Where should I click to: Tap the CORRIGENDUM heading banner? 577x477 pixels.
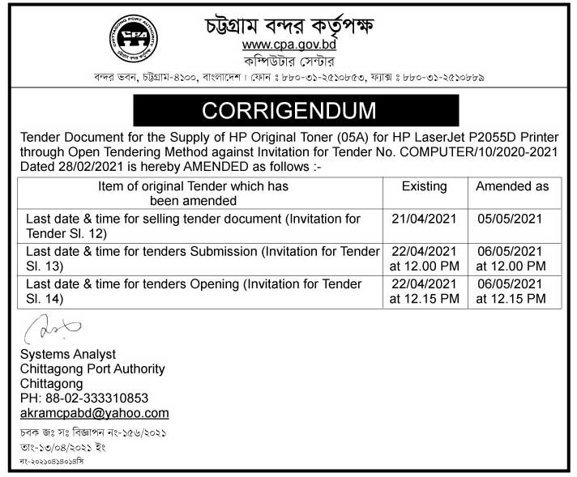point(288,109)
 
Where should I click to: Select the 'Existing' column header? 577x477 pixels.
point(424,186)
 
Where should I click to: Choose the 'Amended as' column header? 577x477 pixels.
point(512,186)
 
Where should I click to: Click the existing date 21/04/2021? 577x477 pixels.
point(424,219)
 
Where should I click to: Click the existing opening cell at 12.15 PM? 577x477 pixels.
point(424,292)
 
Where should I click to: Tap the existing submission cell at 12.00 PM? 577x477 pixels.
point(424,258)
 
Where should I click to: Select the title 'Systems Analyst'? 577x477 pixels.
point(67,354)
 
